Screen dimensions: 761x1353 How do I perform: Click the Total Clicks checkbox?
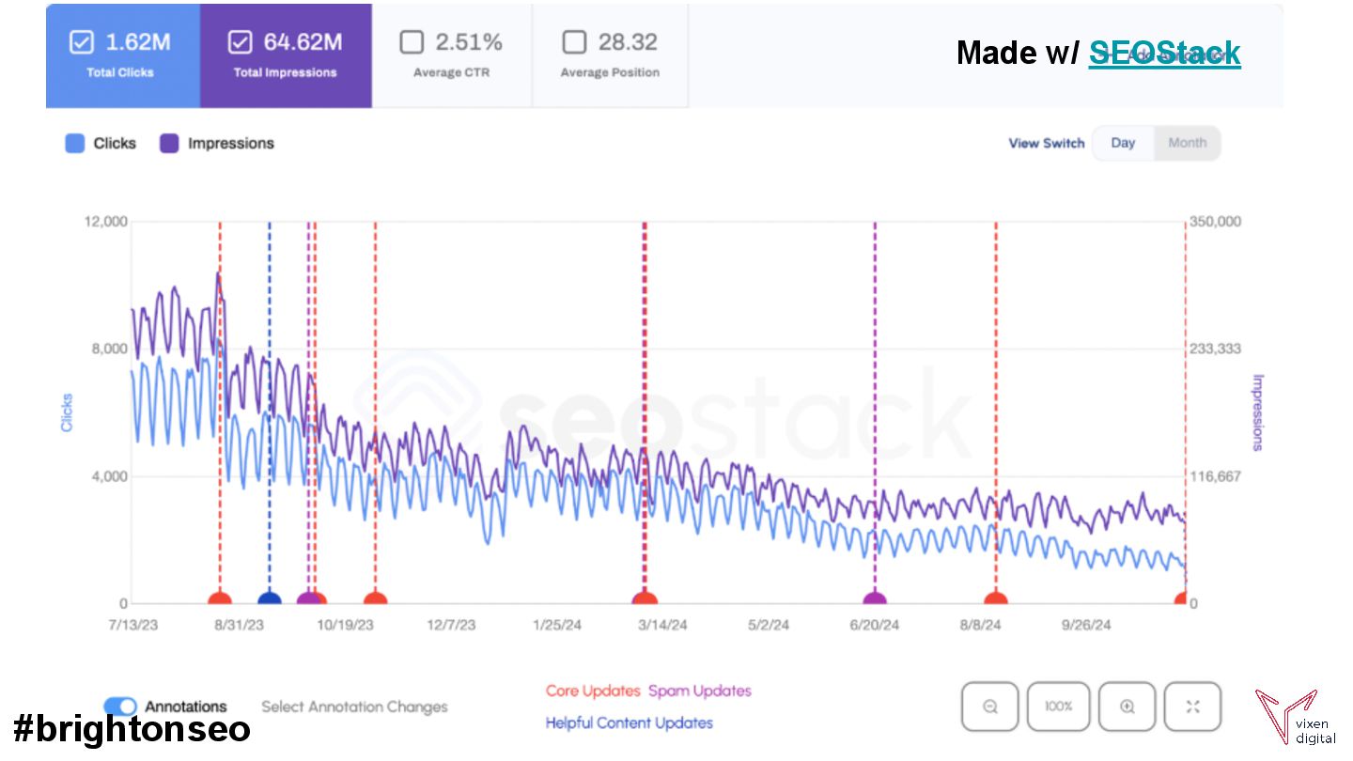[82, 42]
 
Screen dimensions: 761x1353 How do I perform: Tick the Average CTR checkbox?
[412, 42]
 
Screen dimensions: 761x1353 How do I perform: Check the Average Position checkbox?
[574, 42]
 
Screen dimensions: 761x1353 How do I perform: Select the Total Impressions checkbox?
[241, 42]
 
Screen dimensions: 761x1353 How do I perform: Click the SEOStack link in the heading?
[1164, 53]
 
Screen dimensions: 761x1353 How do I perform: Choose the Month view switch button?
[1187, 143]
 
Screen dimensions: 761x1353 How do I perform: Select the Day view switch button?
[1123, 143]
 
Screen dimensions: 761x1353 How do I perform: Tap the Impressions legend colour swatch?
[169, 144]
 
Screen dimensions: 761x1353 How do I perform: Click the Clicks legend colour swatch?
[75, 144]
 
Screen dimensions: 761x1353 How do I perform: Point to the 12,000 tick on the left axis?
[106, 222]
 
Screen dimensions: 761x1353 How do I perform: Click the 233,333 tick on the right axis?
[1216, 349]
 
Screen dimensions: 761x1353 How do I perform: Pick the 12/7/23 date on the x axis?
[454, 625]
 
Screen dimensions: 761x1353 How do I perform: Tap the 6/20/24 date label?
[874, 625]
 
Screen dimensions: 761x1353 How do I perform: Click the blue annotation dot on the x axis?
[270, 601]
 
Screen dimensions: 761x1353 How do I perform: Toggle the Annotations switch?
[120, 707]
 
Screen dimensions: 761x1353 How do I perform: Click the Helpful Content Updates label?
[629, 722]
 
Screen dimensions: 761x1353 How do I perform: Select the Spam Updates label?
[700, 691]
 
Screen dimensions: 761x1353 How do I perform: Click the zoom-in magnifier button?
[1127, 707]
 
